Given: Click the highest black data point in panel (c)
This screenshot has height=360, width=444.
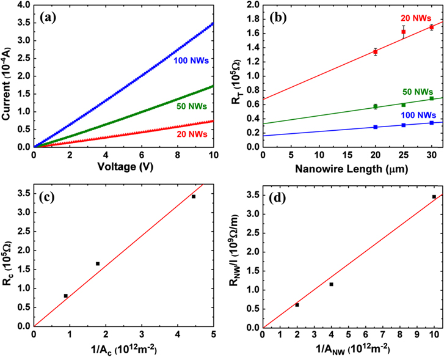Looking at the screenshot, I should point(194,196).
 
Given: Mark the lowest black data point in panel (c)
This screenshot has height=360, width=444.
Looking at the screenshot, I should point(65,296).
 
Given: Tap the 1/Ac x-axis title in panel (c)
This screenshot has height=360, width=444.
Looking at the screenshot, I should point(122,349).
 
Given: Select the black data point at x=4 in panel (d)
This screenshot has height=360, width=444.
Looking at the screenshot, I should point(331,284).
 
